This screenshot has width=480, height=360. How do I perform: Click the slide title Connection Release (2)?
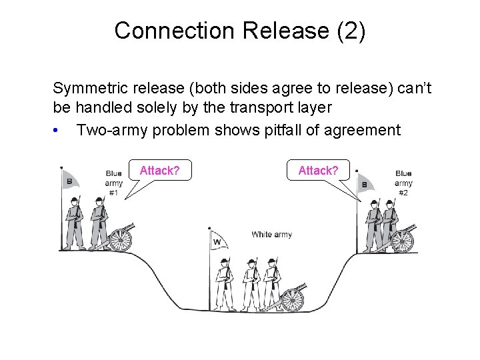pos(239,31)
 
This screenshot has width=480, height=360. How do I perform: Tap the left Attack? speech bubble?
pos(159,171)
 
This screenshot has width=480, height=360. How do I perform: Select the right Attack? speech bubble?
pos(318,171)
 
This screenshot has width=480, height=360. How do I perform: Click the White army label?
pos(271,235)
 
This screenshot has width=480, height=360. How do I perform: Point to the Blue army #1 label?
pos(113,183)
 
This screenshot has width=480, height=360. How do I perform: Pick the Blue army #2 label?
pos(403,183)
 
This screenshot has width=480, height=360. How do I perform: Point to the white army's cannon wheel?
pos(293,300)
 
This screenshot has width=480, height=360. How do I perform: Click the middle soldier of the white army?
pos(251,283)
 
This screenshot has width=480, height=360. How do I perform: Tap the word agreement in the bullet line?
pos(363,131)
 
